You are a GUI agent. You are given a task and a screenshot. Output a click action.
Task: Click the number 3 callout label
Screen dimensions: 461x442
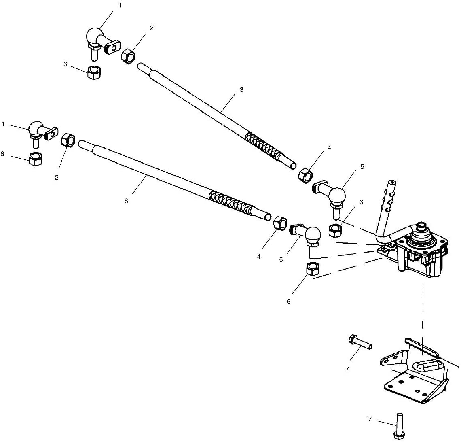coord(241,90)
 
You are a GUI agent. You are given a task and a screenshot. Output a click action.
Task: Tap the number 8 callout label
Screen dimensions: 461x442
coord(126,201)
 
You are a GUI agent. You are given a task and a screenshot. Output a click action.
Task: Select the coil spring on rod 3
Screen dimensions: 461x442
coord(262,146)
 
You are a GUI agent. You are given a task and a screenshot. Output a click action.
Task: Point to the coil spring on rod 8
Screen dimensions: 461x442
coord(231,203)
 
